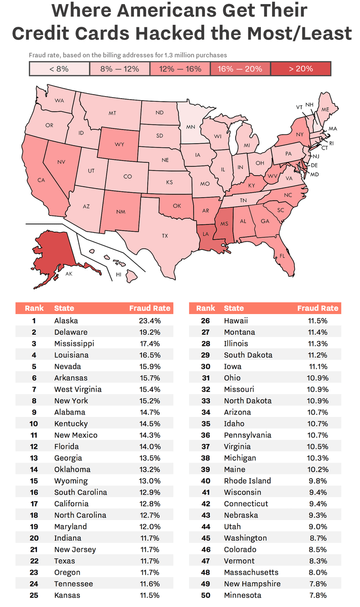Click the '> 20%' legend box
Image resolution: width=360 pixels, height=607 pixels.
(301, 69)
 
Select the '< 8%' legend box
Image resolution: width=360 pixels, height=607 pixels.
(59, 69)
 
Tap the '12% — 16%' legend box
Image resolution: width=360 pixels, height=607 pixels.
(180, 69)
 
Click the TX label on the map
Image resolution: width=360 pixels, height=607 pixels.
(165, 236)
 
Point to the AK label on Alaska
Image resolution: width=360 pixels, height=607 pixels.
(69, 273)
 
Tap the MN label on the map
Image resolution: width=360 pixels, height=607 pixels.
(191, 126)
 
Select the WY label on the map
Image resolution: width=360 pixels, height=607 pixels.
(119, 144)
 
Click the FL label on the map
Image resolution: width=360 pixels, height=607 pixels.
(282, 256)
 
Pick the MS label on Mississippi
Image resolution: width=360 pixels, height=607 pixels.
(223, 224)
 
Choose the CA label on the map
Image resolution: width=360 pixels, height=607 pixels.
(41, 180)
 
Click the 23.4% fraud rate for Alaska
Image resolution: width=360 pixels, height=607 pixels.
(150, 321)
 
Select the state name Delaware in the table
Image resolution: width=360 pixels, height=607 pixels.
(71, 332)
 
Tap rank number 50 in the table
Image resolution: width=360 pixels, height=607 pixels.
(205, 595)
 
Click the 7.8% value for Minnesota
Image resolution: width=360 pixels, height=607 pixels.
(318, 595)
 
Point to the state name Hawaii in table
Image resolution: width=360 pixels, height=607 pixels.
(236, 321)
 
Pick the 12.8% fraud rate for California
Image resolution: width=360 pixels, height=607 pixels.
(150, 504)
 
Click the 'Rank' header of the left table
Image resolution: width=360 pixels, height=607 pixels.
(34, 308)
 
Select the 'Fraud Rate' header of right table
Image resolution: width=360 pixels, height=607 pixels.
(318, 308)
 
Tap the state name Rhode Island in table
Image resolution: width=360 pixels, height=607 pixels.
(247, 481)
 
